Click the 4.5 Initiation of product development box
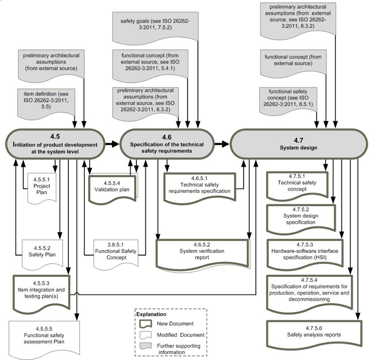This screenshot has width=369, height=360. (55, 144)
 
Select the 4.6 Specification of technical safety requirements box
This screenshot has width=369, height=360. (167, 144)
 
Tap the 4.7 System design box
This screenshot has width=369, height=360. (299, 144)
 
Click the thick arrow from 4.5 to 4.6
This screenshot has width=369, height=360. (112, 144)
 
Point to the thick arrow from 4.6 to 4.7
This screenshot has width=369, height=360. (222, 144)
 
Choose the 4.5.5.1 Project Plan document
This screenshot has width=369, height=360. (42, 188)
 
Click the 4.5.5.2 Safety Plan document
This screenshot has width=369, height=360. (42, 254)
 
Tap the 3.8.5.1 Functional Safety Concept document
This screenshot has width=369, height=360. (116, 254)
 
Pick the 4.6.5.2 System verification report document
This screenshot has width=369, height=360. (202, 253)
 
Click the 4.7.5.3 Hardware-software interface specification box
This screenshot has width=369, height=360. (305, 253)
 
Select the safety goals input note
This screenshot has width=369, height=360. (156, 27)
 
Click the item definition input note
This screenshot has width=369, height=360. (46, 103)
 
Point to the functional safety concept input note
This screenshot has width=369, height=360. (288, 100)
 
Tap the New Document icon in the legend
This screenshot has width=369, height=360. (145, 324)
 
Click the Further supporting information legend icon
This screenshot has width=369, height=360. (145, 346)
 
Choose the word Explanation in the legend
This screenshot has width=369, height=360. (152, 314)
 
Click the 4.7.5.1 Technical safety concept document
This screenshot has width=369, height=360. (297, 185)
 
